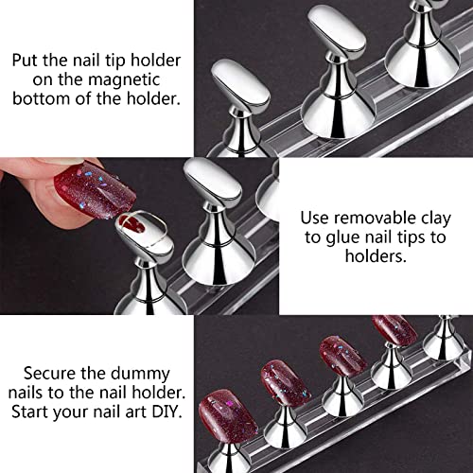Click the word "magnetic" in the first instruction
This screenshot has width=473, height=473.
click(x=124, y=79)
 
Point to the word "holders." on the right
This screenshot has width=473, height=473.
click(x=376, y=255)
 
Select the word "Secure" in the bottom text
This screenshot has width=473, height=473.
click(x=50, y=374)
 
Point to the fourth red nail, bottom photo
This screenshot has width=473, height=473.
click(x=394, y=330)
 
